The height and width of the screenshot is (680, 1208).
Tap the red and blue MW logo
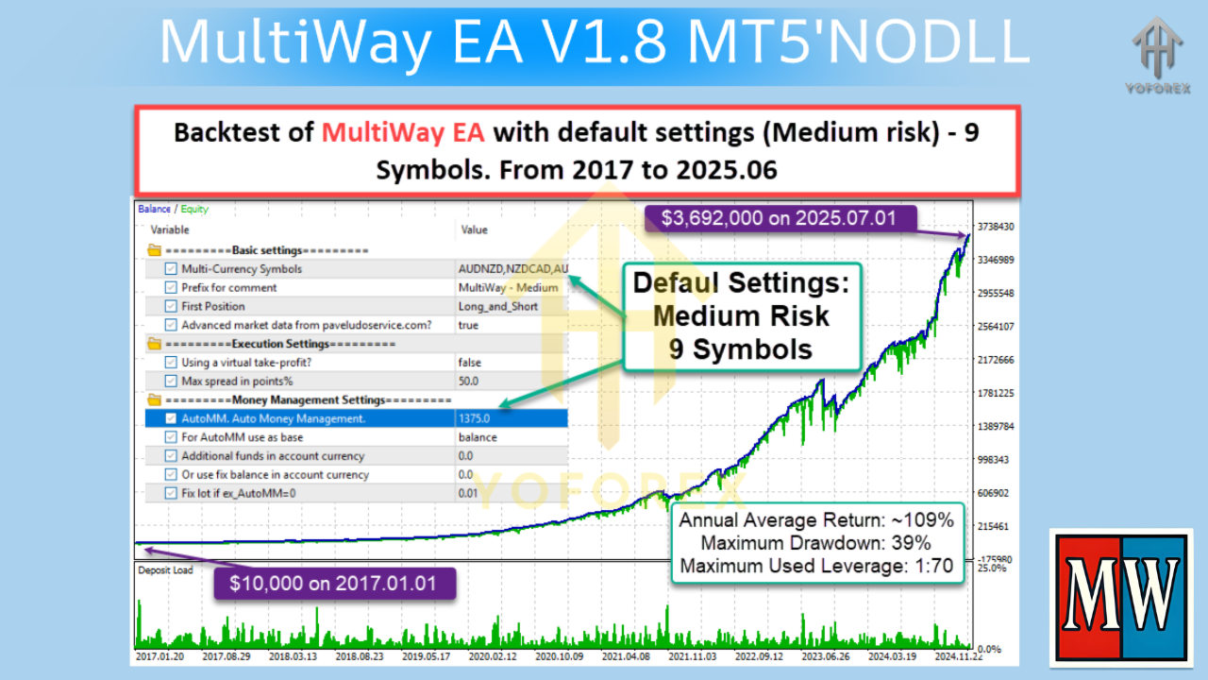tap(1120, 597)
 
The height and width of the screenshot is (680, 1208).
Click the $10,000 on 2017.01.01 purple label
tap(333, 583)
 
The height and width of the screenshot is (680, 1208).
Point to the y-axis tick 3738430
tap(997, 227)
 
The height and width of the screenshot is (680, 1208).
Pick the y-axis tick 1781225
tap(997, 393)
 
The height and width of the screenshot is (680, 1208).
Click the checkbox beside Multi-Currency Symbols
tap(171, 269)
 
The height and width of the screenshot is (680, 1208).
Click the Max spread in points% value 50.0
tap(468, 381)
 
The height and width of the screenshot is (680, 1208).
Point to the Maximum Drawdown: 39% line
tap(815, 543)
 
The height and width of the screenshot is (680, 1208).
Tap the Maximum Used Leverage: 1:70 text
tap(815, 566)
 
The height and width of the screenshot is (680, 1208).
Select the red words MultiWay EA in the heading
tap(403, 132)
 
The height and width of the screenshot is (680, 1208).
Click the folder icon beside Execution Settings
tap(154, 344)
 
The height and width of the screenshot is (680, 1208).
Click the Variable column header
tap(170, 229)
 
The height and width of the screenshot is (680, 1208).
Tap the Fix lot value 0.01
tap(468, 493)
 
